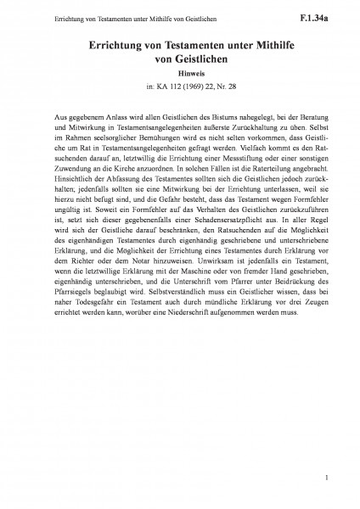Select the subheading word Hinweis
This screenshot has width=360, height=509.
[x=180, y=74]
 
